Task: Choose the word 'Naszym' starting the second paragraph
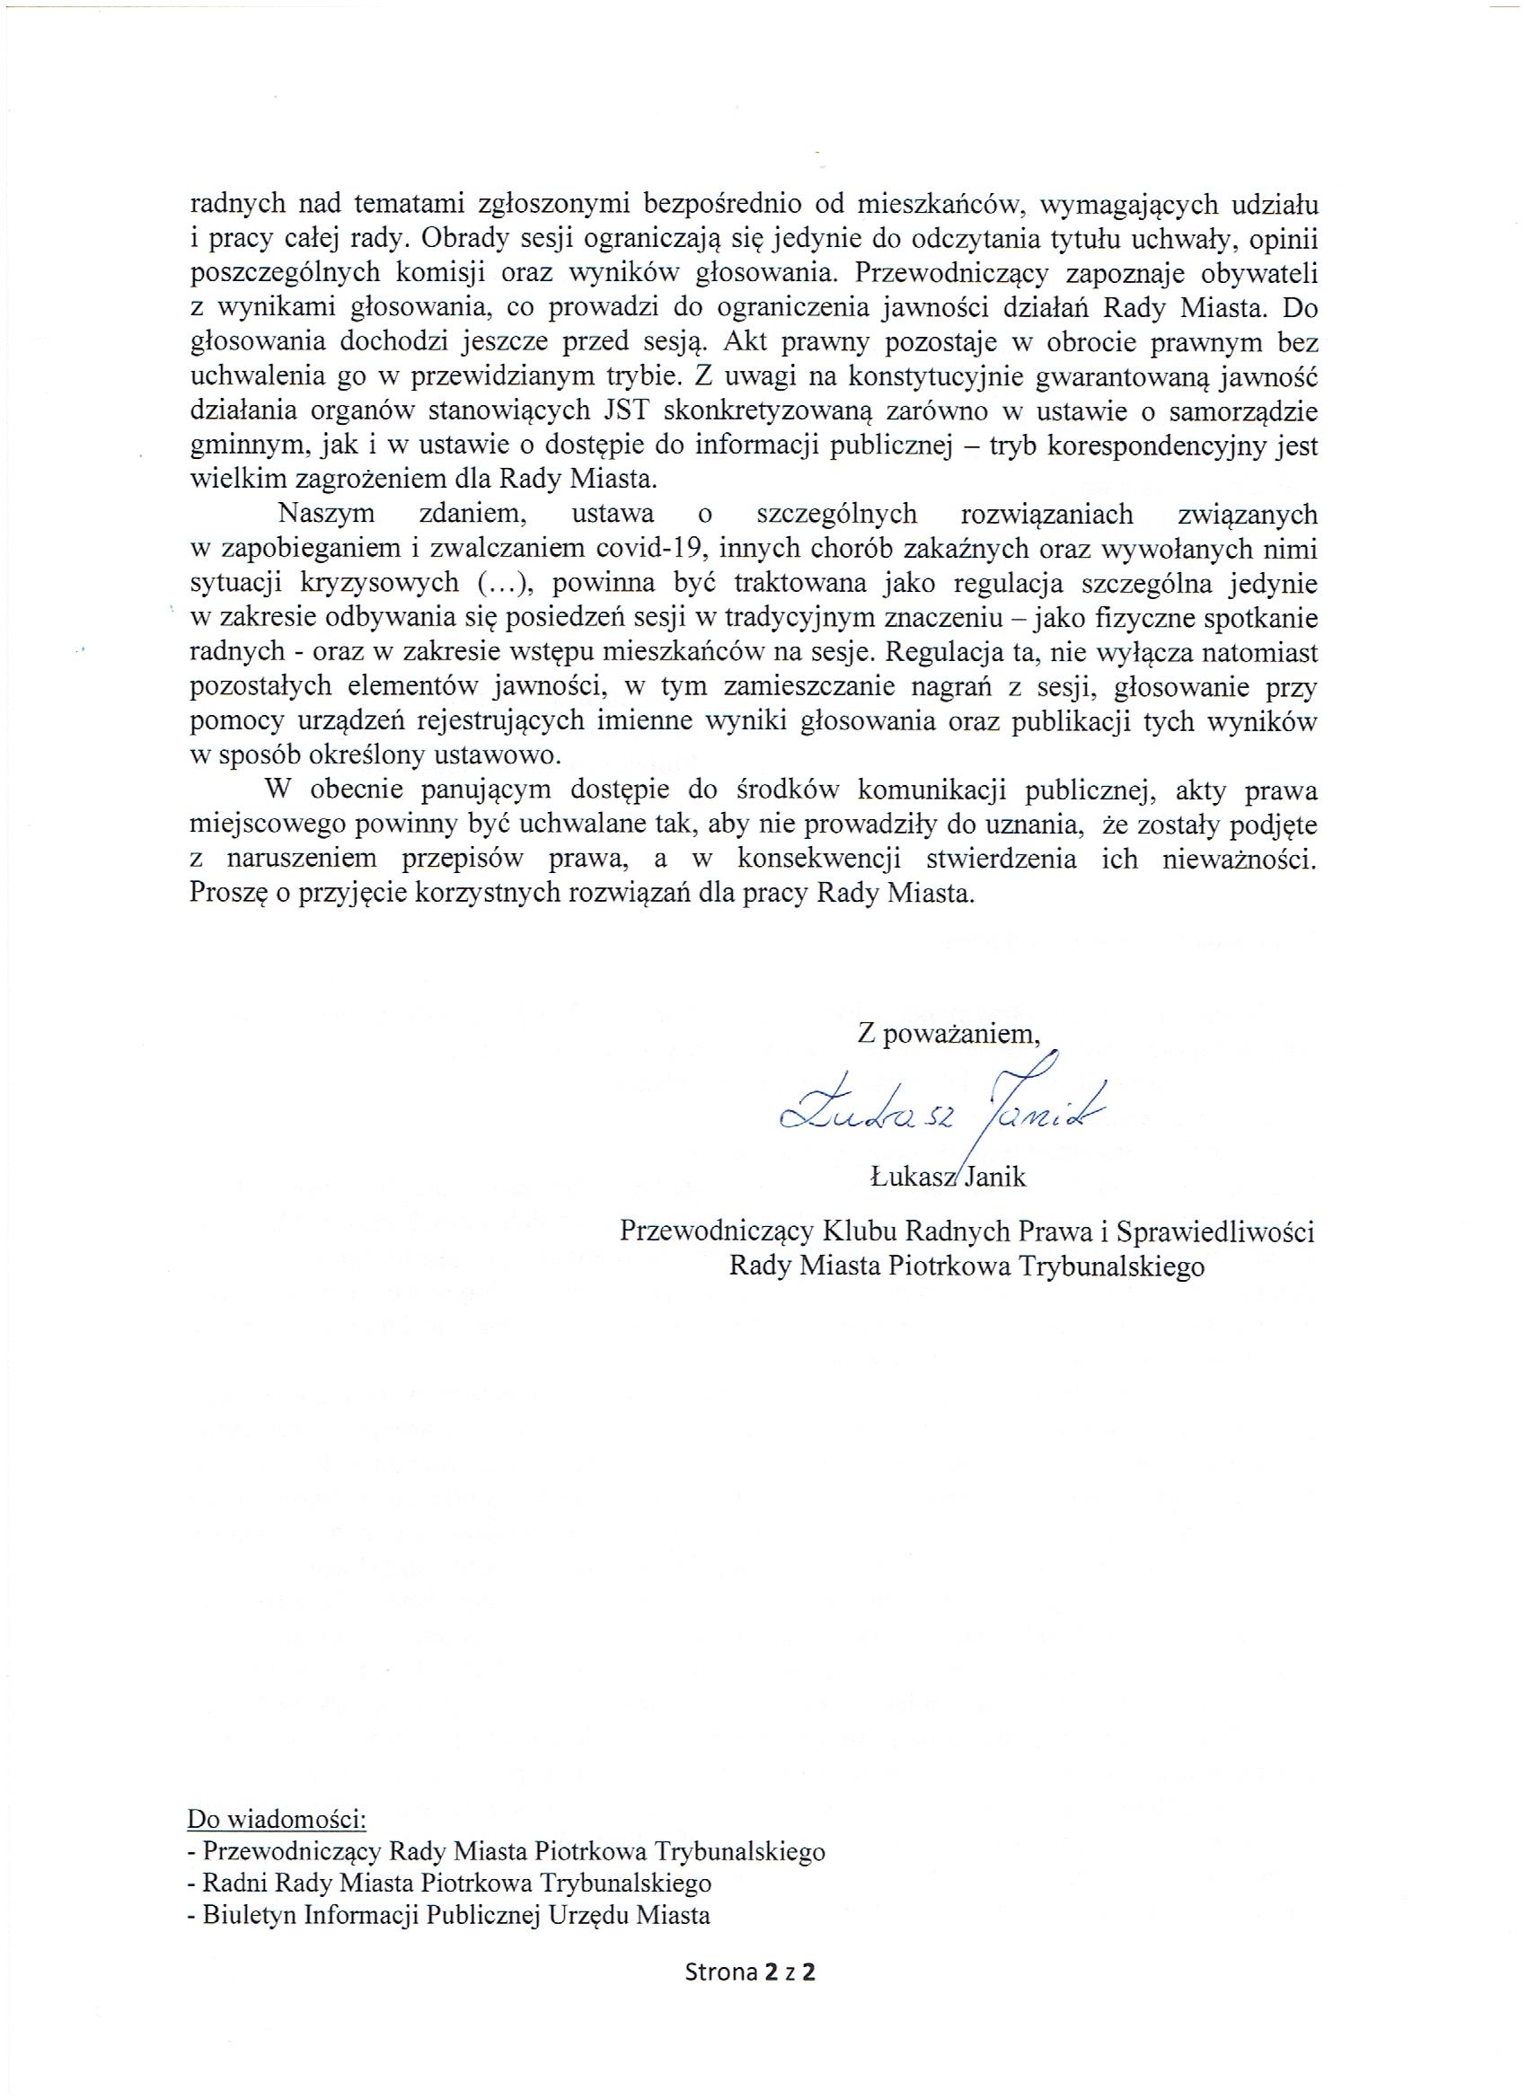[328, 514]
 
